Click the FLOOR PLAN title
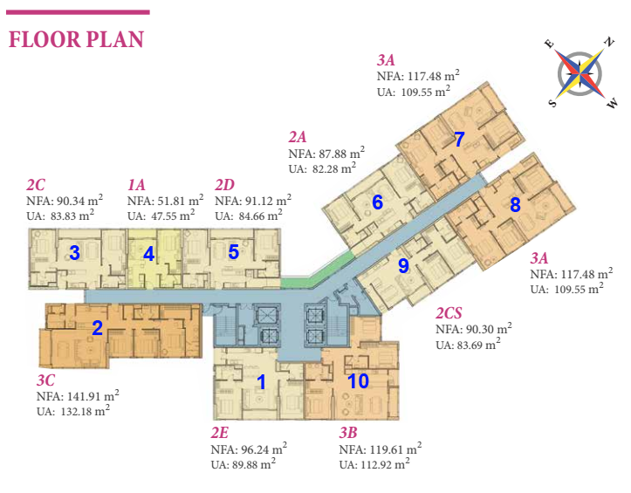[76, 39]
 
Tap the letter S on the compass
[553, 102]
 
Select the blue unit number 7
[459, 138]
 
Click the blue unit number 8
[515, 206]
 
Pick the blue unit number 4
[149, 254]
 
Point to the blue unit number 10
[358, 380]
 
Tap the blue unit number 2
[98, 328]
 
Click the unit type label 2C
[36, 185]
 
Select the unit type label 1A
[136, 185]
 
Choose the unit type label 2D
[224, 185]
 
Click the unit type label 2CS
[450, 313]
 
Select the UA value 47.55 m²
[161, 214]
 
